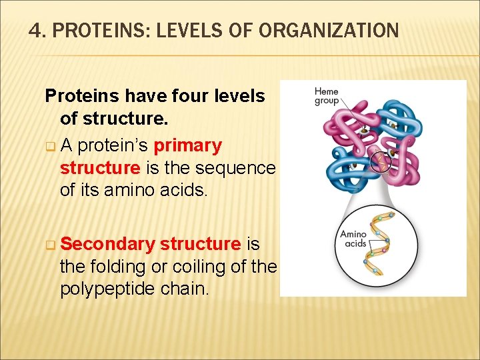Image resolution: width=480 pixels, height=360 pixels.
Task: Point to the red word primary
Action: coord(187,145)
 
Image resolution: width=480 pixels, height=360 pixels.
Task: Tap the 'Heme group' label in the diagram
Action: coord(327,96)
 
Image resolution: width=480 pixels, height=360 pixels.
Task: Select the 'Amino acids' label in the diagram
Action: coord(353,238)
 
